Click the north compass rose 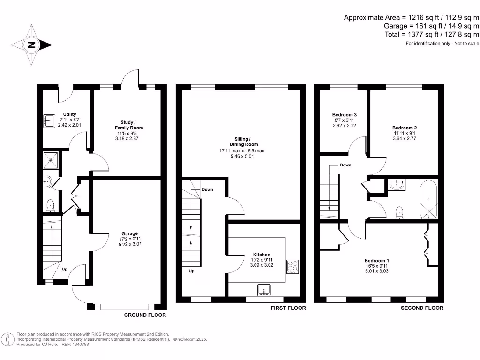tap(31, 45)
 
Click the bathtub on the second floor tap(428, 199)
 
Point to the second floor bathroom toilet tap(399, 213)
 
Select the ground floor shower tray tap(49, 159)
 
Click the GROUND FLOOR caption tap(145, 315)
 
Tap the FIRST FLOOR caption tap(288, 308)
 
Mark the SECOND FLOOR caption tap(422, 308)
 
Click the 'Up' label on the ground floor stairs tap(65, 270)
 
